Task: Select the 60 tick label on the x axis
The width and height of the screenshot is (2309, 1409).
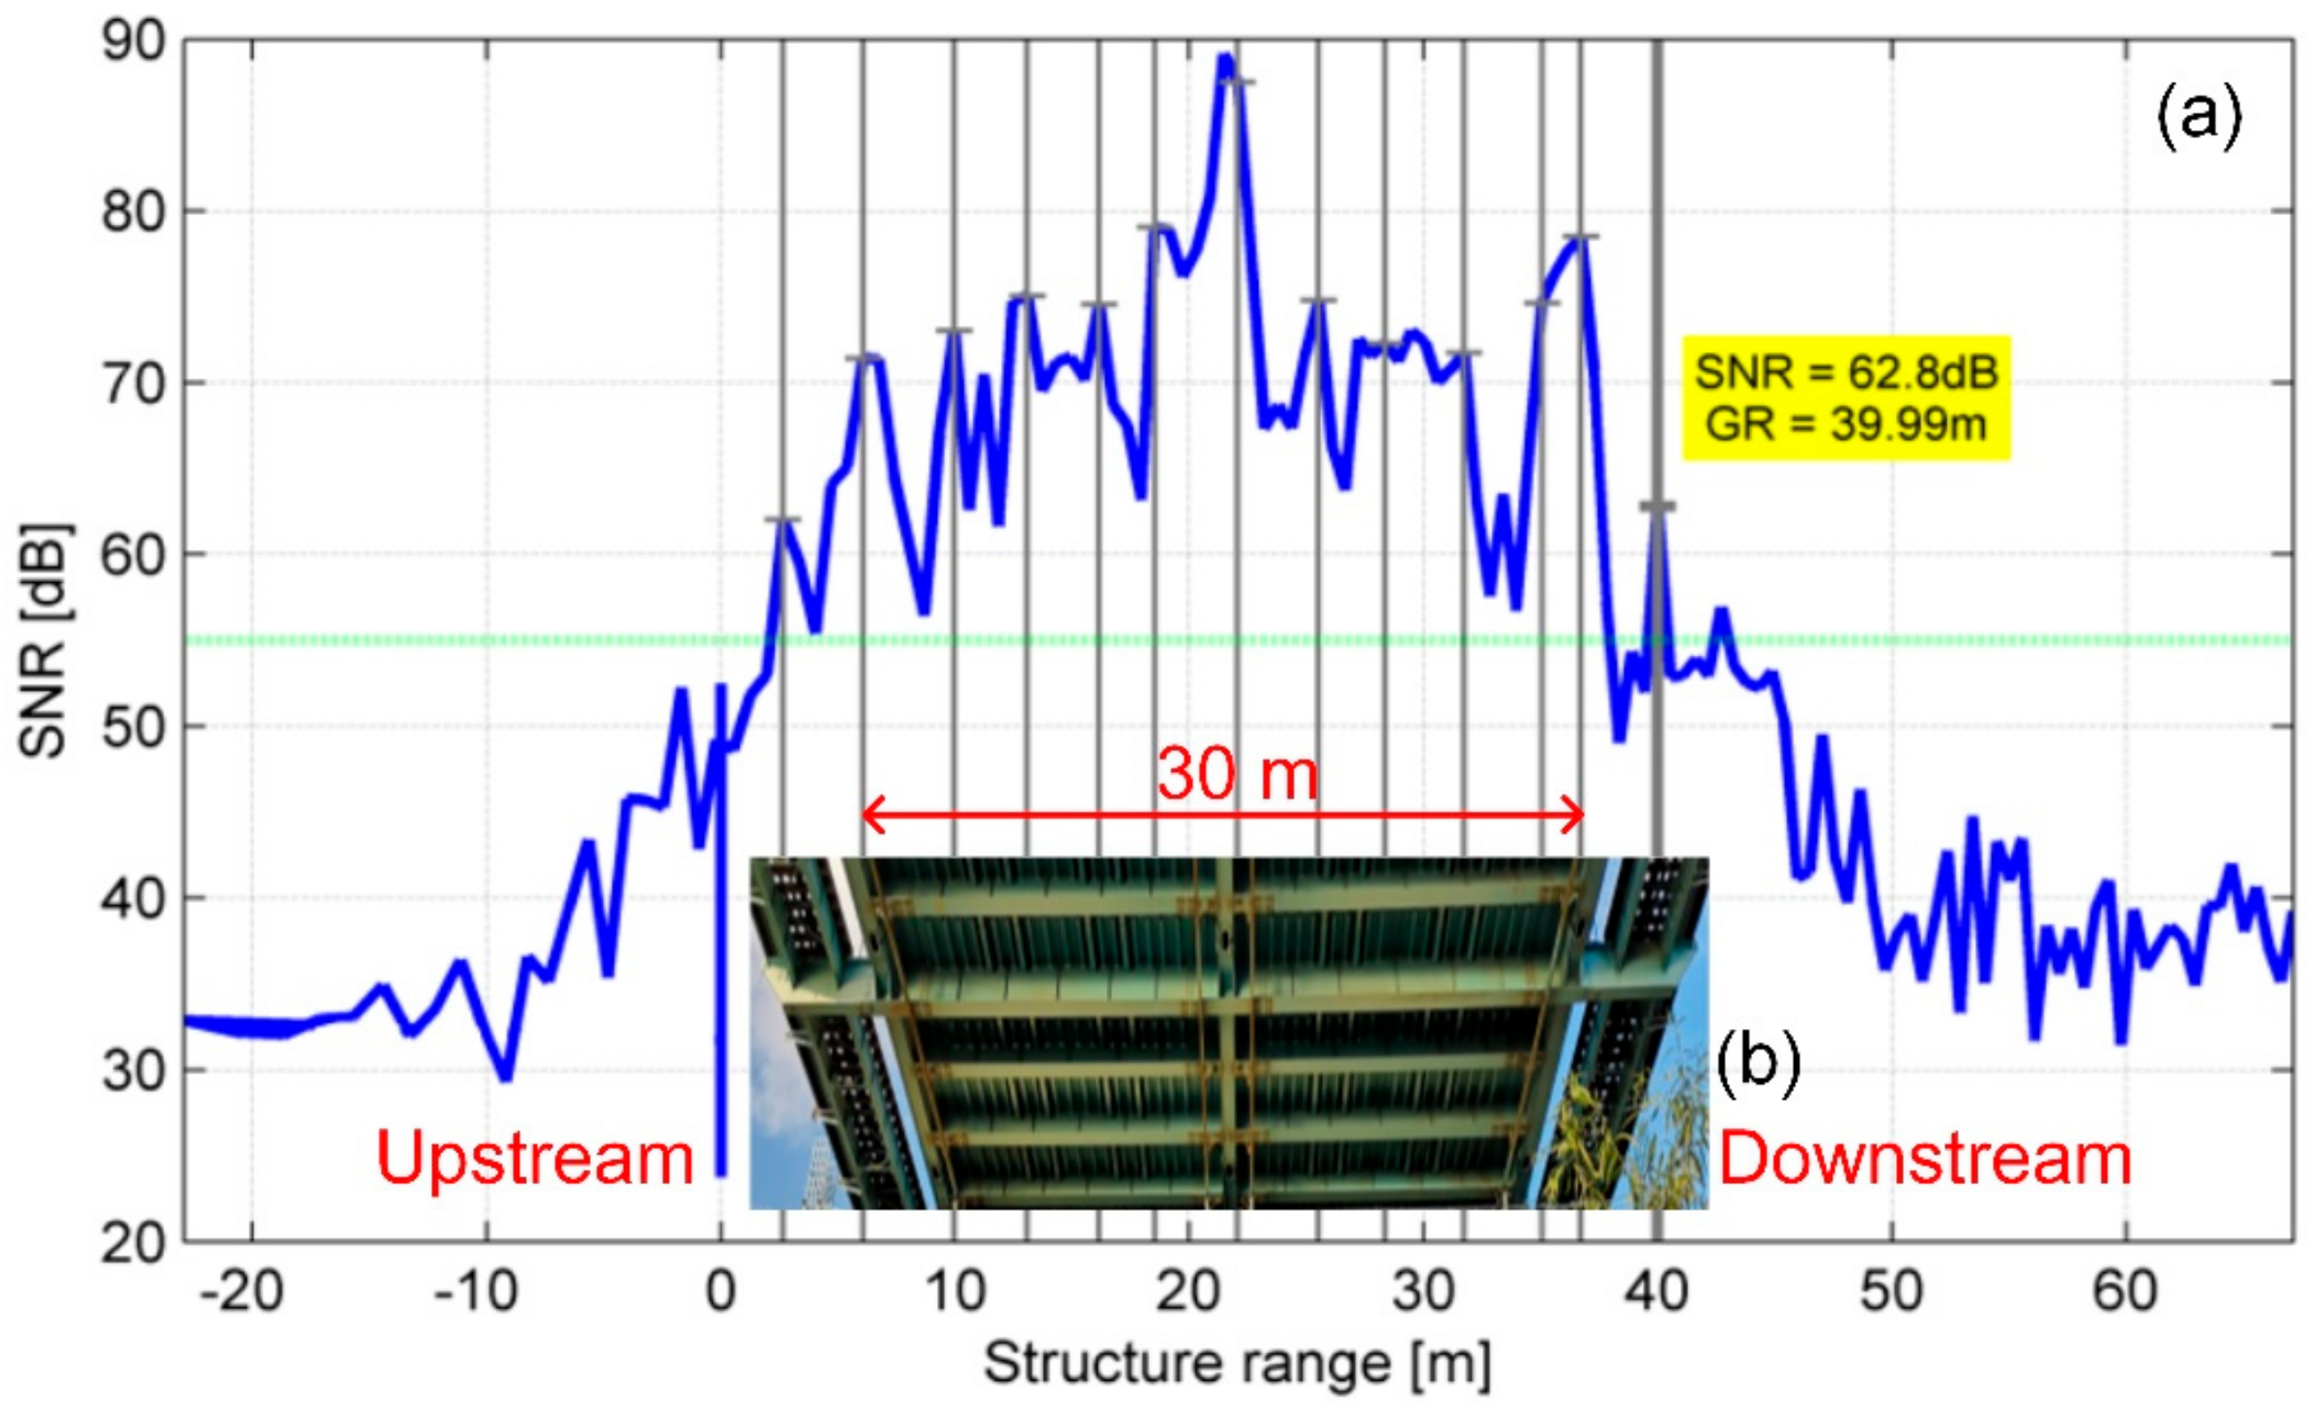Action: (x=2125, y=1293)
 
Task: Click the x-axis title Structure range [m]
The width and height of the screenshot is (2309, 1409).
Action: (x=1237, y=1363)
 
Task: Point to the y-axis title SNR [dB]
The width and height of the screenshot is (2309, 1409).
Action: (x=42, y=641)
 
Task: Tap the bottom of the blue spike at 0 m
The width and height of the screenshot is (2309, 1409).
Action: (x=720, y=1173)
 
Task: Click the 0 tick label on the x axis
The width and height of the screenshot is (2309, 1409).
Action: (x=720, y=1293)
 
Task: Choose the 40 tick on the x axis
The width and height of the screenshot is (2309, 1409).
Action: (x=1657, y=1293)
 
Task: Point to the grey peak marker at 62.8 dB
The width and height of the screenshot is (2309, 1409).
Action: (x=1657, y=507)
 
